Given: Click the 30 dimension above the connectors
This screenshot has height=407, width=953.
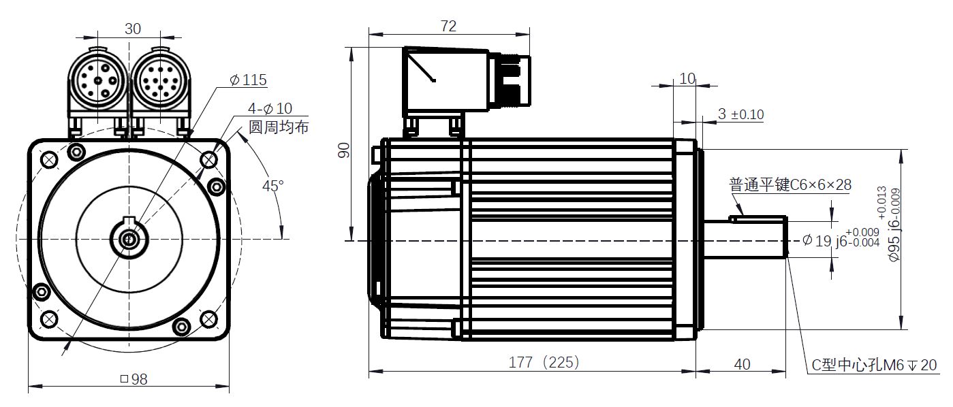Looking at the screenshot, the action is (x=133, y=29).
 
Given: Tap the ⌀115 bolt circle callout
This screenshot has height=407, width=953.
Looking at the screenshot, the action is (x=248, y=80).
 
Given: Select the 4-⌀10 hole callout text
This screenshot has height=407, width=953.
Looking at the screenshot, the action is (x=270, y=108).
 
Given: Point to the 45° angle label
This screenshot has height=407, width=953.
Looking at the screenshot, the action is (x=272, y=186).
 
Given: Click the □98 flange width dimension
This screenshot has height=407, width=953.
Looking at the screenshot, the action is (x=134, y=379).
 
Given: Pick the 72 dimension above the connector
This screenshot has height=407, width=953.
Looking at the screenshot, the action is (x=448, y=27).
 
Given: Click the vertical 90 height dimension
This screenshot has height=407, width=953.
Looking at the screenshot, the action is (x=344, y=150).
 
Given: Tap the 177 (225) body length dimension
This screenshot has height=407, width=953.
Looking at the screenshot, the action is (x=544, y=362).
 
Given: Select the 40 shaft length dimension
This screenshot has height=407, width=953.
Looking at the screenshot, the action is (x=742, y=365).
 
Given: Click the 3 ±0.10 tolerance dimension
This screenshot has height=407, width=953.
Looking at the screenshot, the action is (x=740, y=114).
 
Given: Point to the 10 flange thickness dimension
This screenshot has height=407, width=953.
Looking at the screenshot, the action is (x=687, y=79).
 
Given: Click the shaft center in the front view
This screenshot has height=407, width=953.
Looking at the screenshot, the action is (x=129, y=240).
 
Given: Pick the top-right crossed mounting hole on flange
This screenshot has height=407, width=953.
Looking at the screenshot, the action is (x=208, y=161).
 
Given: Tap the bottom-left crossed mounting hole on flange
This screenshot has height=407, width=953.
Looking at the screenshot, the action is (x=49, y=319).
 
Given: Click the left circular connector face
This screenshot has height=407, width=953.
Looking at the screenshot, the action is (x=98, y=80).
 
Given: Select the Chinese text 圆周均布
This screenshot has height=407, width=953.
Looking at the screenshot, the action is (x=278, y=127).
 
